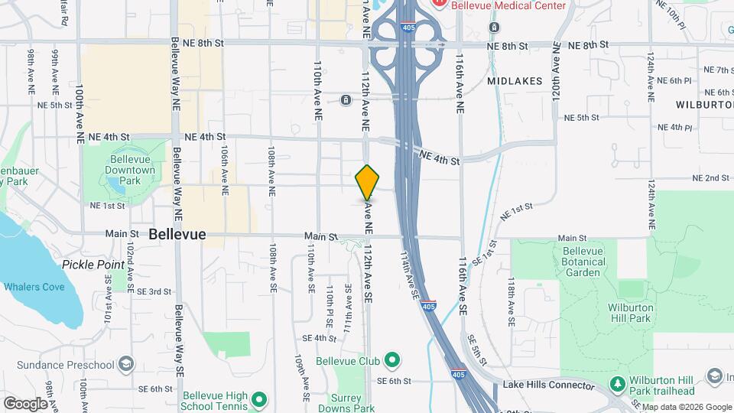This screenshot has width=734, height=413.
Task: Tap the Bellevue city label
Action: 177,235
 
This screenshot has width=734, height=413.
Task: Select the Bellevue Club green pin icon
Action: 392,359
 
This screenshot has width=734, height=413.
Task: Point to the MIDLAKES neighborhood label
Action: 515,80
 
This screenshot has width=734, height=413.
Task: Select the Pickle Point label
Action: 93,265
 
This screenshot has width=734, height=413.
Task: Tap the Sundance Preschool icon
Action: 127,363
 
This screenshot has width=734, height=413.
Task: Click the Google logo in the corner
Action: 25,403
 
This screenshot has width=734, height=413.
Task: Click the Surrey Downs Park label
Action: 351,403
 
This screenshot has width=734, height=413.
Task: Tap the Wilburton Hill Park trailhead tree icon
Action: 616,382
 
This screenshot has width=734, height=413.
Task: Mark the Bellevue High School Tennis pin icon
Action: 258,398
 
